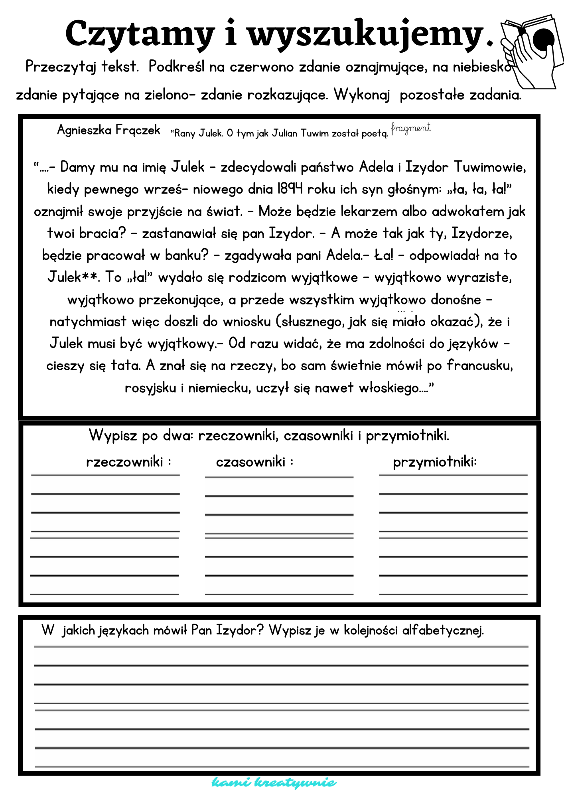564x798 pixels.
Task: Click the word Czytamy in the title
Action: pyautogui.click(x=140, y=34)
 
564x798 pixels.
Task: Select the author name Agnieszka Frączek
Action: pyautogui.click(x=108, y=130)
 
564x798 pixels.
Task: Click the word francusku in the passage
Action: pyautogui.click(x=479, y=365)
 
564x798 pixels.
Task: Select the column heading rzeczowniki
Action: pyautogui.click(x=124, y=462)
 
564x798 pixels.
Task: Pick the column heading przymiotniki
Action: pyautogui.click(x=434, y=462)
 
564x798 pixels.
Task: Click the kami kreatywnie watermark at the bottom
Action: pyautogui.click(x=274, y=782)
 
